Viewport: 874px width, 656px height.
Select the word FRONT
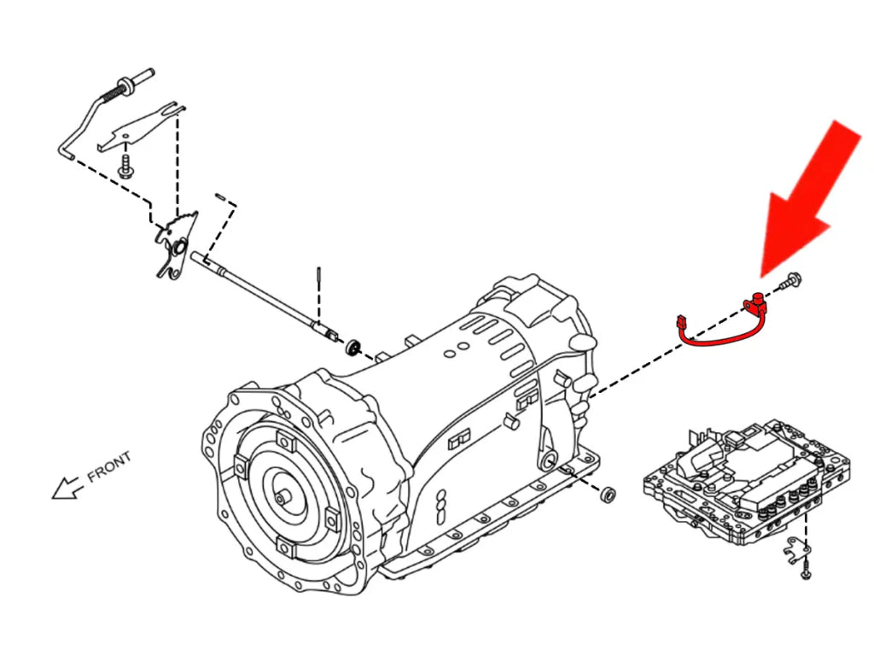click(x=109, y=466)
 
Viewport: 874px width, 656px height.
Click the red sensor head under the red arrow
click(x=755, y=302)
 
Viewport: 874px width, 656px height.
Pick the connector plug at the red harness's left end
click(x=680, y=324)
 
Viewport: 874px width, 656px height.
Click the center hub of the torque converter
click(x=283, y=494)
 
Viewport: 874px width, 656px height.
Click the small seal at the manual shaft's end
click(x=352, y=347)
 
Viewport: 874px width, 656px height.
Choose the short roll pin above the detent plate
click(x=220, y=197)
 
